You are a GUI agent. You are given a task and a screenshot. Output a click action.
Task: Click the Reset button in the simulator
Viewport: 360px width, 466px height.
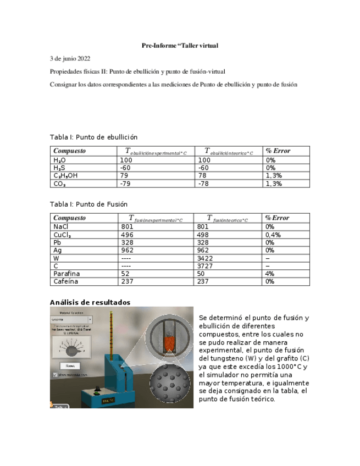[70, 365]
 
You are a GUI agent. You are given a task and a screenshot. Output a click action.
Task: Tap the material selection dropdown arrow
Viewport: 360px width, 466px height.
[90, 319]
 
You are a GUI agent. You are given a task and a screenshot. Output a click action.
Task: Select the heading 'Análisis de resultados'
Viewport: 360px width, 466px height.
[90, 302]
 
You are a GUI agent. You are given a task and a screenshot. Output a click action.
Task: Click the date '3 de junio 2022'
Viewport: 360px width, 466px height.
[70, 58]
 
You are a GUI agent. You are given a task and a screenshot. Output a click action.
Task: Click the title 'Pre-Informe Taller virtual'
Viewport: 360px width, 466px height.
[180, 45]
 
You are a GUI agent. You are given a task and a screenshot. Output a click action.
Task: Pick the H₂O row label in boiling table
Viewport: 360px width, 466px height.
[60, 160]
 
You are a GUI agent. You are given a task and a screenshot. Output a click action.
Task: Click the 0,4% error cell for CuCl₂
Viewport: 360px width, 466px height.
[273, 234]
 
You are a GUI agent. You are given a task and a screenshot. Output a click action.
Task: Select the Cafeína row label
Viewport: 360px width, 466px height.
[66, 281]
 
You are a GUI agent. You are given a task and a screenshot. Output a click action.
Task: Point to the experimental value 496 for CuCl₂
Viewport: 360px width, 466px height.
[127, 234]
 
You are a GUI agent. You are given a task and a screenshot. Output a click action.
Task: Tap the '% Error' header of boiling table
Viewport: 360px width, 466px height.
[278, 151]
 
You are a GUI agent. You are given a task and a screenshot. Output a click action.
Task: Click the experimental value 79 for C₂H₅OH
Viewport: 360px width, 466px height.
[124, 176]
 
